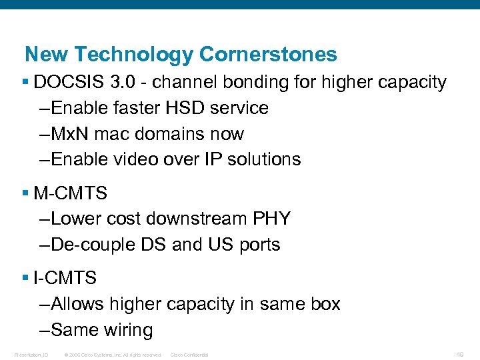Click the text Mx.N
coord(69,134)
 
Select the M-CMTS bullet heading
coord(70,194)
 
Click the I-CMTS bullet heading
coord(65,279)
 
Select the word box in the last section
coord(326,305)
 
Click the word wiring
coord(128,330)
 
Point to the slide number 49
coord(460,353)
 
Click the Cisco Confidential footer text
coord(189,355)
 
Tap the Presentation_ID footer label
coord(31,355)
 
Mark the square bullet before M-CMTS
coord(25,194)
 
